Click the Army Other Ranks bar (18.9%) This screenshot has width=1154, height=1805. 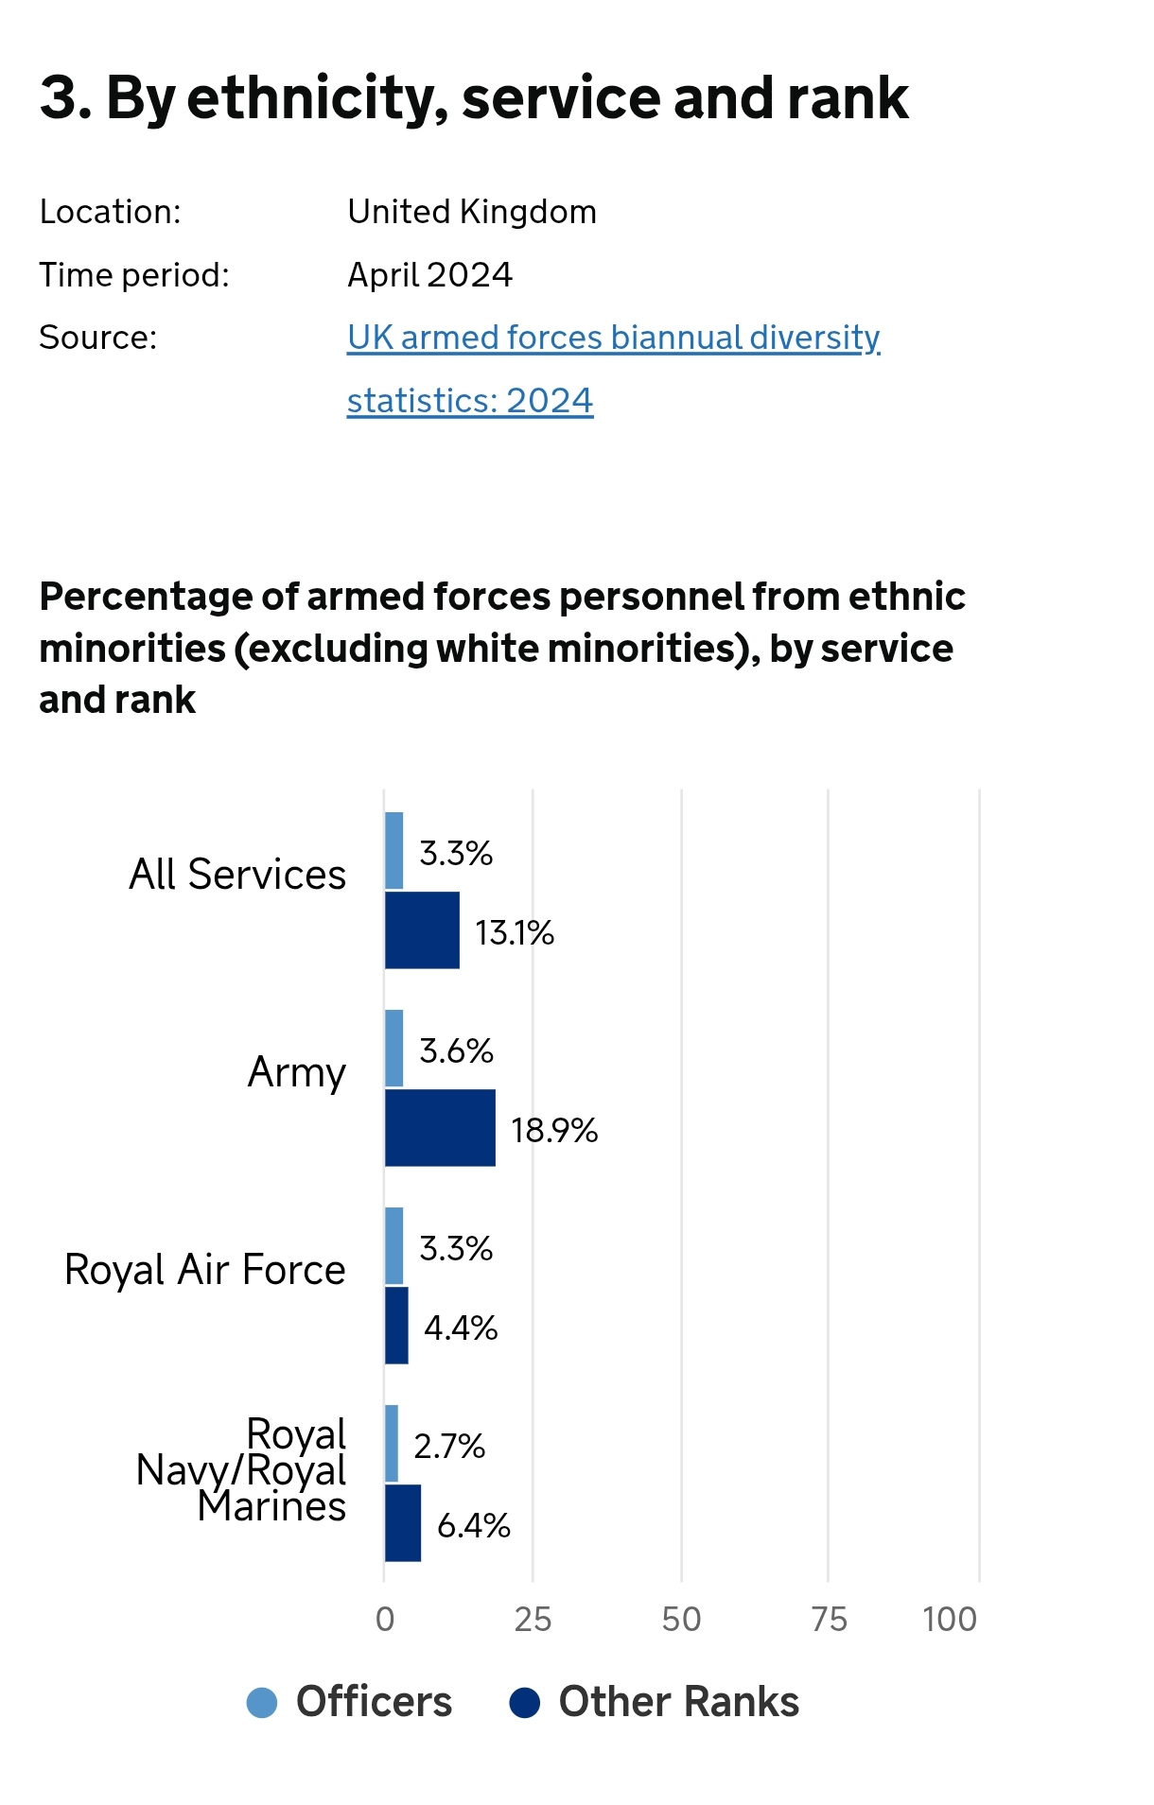[x=440, y=1127]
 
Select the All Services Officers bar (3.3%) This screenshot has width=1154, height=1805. [x=394, y=850]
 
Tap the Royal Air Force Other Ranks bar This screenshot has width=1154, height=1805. [x=397, y=1325]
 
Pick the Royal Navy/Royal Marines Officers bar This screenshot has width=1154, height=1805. [x=392, y=1443]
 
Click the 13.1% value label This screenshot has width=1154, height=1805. [x=515, y=933]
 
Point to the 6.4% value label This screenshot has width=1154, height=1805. [x=473, y=1525]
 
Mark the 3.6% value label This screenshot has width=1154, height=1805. [x=456, y=1050]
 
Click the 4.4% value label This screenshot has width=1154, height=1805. [x=461, y=1328]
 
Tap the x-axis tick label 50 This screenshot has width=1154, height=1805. [x=681, y=1620]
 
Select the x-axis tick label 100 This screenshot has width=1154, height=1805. [x=950, y=1620]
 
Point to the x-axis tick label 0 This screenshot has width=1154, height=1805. [x=385, y=1620]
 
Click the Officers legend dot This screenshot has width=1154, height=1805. [x=262, y=1702]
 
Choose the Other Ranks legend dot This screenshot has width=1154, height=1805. [x=525, y=1702]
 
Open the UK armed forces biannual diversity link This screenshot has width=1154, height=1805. [x=613, y=338]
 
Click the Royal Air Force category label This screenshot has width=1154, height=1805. [x=205, y=1269]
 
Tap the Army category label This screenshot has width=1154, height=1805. [x=297, y=1072]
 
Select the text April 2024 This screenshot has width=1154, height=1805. [x=429, y=275]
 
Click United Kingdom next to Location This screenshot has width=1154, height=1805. [x=472, y=212]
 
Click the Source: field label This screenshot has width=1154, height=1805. [x=97, y=338]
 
